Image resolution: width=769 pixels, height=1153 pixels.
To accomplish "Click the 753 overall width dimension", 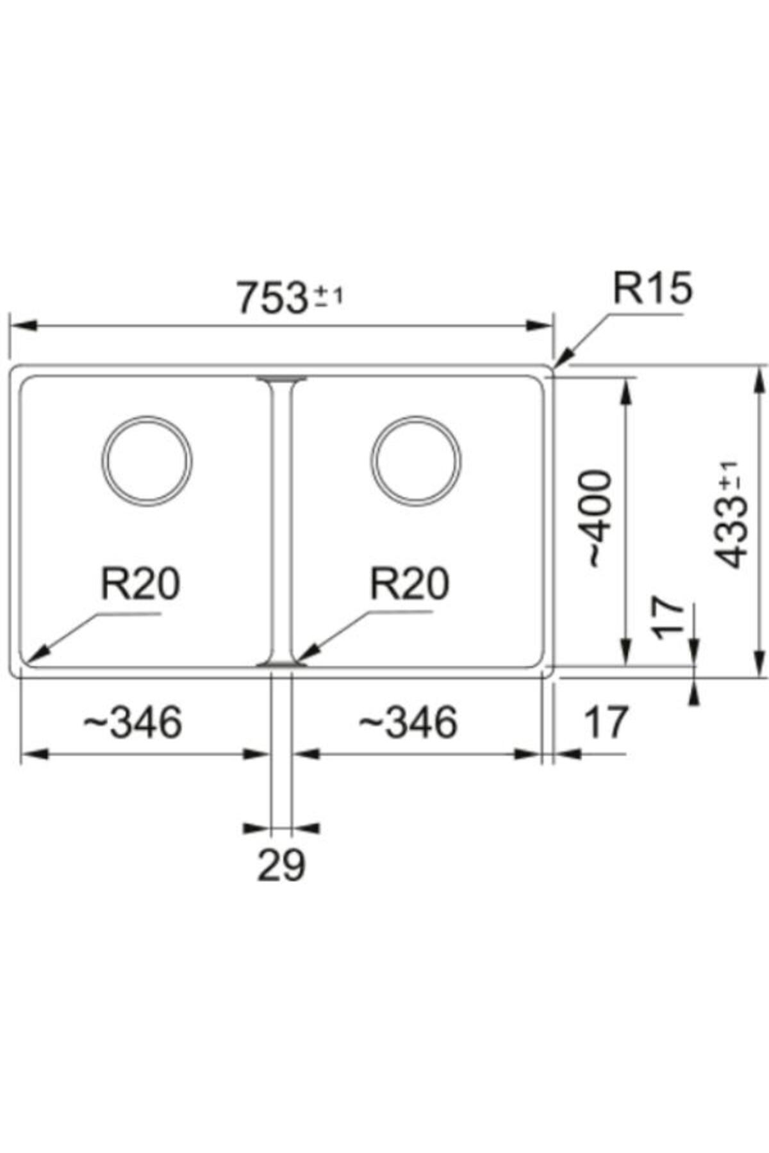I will coord(272,298).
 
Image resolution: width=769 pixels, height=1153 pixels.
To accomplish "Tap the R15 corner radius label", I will coord(652,289).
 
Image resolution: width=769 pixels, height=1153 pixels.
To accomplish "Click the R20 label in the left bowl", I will coord(140,584).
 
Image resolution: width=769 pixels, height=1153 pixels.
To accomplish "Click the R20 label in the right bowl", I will coord(409,584).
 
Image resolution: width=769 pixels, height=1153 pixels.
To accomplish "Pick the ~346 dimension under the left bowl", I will coord(133,723).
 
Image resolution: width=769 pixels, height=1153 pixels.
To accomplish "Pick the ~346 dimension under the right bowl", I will coord(408,723).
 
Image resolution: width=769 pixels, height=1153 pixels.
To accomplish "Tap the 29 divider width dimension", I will coord(281,865).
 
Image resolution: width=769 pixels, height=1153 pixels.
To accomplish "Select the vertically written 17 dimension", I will coord(667,618).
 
